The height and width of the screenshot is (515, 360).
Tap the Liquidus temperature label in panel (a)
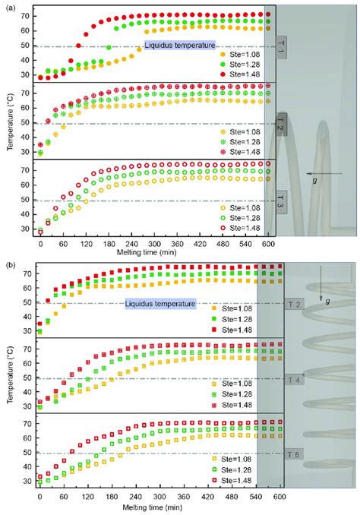180,46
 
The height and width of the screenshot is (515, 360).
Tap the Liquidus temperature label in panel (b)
161,304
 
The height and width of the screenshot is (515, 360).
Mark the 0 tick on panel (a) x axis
40,245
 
